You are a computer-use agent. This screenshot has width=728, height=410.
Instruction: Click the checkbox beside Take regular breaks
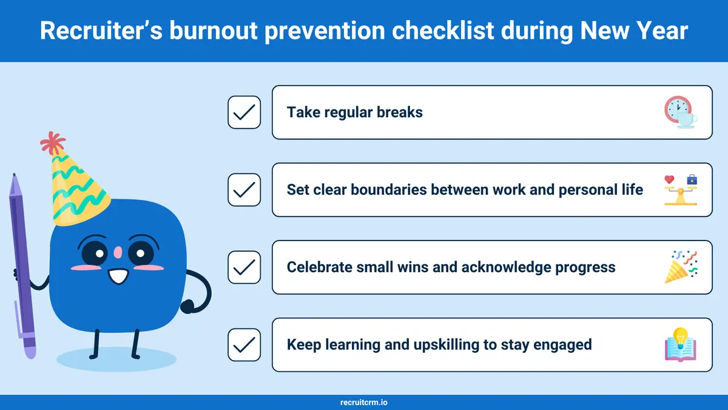click(244, 112)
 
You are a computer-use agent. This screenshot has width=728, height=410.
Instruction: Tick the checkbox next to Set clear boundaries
click(244, 190)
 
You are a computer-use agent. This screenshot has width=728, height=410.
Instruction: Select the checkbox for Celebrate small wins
click(244, 267)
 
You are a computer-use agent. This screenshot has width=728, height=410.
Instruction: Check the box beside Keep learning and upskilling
click(244, 344)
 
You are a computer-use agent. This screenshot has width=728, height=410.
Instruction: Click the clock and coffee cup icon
click(681, 112)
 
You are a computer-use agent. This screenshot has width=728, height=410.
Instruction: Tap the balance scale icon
click(681, 190)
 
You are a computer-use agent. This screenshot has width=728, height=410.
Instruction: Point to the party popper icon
click(681, 267)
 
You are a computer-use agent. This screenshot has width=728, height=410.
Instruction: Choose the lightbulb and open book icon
click(681, 344)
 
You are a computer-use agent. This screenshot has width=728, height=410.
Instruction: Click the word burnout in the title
click(214, 30)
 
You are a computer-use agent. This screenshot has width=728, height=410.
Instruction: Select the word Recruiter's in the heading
click(101, 30)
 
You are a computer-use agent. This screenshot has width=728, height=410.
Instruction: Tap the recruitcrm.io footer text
click(363, 403)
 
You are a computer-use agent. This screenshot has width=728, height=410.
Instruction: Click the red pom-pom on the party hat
click(53, 143)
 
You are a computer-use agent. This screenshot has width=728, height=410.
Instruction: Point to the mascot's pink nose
click(118, 252)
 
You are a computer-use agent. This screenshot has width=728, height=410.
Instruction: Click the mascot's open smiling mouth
click(118, 276)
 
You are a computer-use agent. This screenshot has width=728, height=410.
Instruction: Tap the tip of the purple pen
click(14, 175)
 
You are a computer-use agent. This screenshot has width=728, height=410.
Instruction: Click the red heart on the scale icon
click(669, 179)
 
